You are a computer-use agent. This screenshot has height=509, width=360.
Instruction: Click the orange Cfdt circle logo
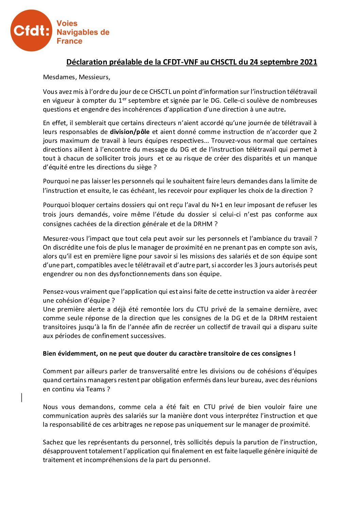31,31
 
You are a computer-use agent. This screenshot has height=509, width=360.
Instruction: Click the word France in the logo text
69,41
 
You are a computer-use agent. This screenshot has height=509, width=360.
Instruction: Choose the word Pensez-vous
61,292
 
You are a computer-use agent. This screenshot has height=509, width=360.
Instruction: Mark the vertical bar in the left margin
22,397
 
